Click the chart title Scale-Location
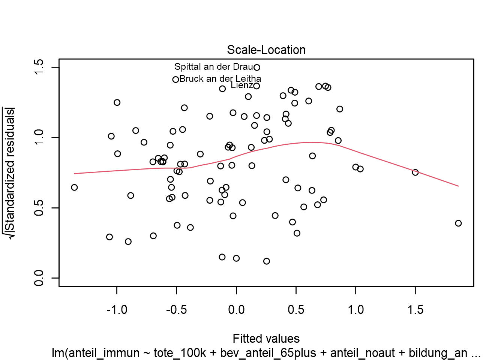tap(266, 50)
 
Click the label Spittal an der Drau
tap(213, 67)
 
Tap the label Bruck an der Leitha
tap(220, 79)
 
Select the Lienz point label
tap(241, 85)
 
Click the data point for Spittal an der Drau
tap(257, 67)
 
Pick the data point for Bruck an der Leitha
tap(175, 79)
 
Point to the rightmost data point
tap(458, 223)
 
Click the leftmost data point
tap(74, 187)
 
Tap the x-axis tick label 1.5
tap(415, 310)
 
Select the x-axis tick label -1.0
tap(117, 310)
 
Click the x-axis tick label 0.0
tap(236, 310)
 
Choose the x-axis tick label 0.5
tap(296, 310)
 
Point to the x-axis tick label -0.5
tap(176, 310)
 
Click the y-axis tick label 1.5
tap(39, 67)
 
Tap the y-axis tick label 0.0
tap(39, 278)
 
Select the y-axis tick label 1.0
tap(39, 138)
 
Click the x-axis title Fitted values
tap(266, 339)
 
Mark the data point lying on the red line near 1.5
tap(415, 172)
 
